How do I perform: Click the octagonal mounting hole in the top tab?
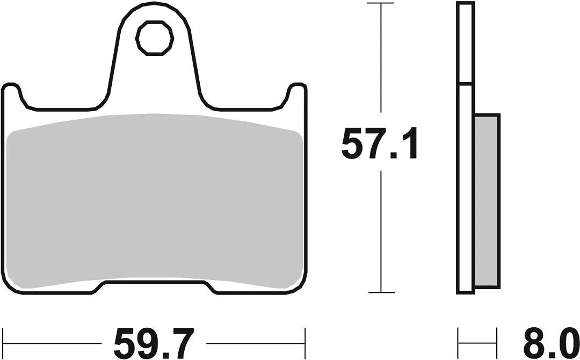pos(156,38)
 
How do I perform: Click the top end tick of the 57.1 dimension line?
pos(381,4)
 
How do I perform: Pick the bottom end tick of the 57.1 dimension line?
pos(381,293)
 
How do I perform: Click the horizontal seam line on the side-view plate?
pos(465,84)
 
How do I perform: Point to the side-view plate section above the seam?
pos(465,43)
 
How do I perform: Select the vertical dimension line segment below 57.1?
pos(381,231)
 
